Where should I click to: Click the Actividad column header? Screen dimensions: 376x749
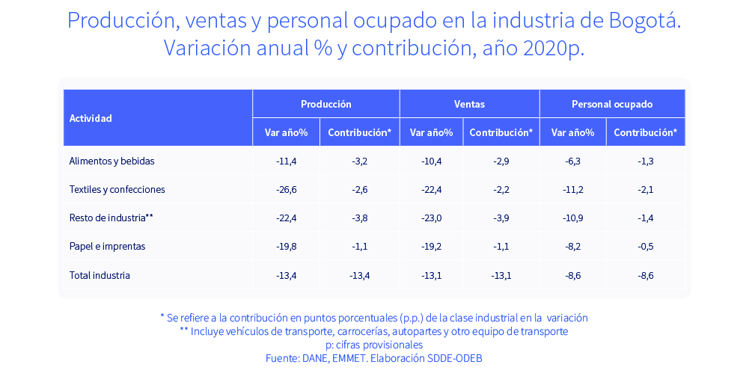91,118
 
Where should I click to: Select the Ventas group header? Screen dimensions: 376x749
469,104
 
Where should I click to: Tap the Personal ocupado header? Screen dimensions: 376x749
611,104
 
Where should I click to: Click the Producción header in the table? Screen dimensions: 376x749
325,104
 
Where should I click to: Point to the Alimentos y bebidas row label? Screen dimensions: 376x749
111,161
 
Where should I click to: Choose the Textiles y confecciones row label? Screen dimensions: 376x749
117,189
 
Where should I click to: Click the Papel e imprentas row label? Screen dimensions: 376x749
107,246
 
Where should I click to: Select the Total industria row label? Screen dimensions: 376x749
100,275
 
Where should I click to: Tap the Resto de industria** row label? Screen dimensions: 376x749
111,218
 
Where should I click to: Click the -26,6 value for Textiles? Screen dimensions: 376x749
286,189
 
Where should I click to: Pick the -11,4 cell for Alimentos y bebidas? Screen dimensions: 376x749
286,161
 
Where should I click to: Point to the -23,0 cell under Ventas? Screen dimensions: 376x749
431,218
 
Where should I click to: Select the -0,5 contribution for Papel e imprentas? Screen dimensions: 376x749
645,246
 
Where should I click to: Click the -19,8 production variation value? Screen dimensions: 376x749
286,246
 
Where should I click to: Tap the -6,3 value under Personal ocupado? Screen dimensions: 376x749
572,161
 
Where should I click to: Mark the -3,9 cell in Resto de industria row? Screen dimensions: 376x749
501,218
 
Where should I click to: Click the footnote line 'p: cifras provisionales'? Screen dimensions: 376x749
374,345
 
